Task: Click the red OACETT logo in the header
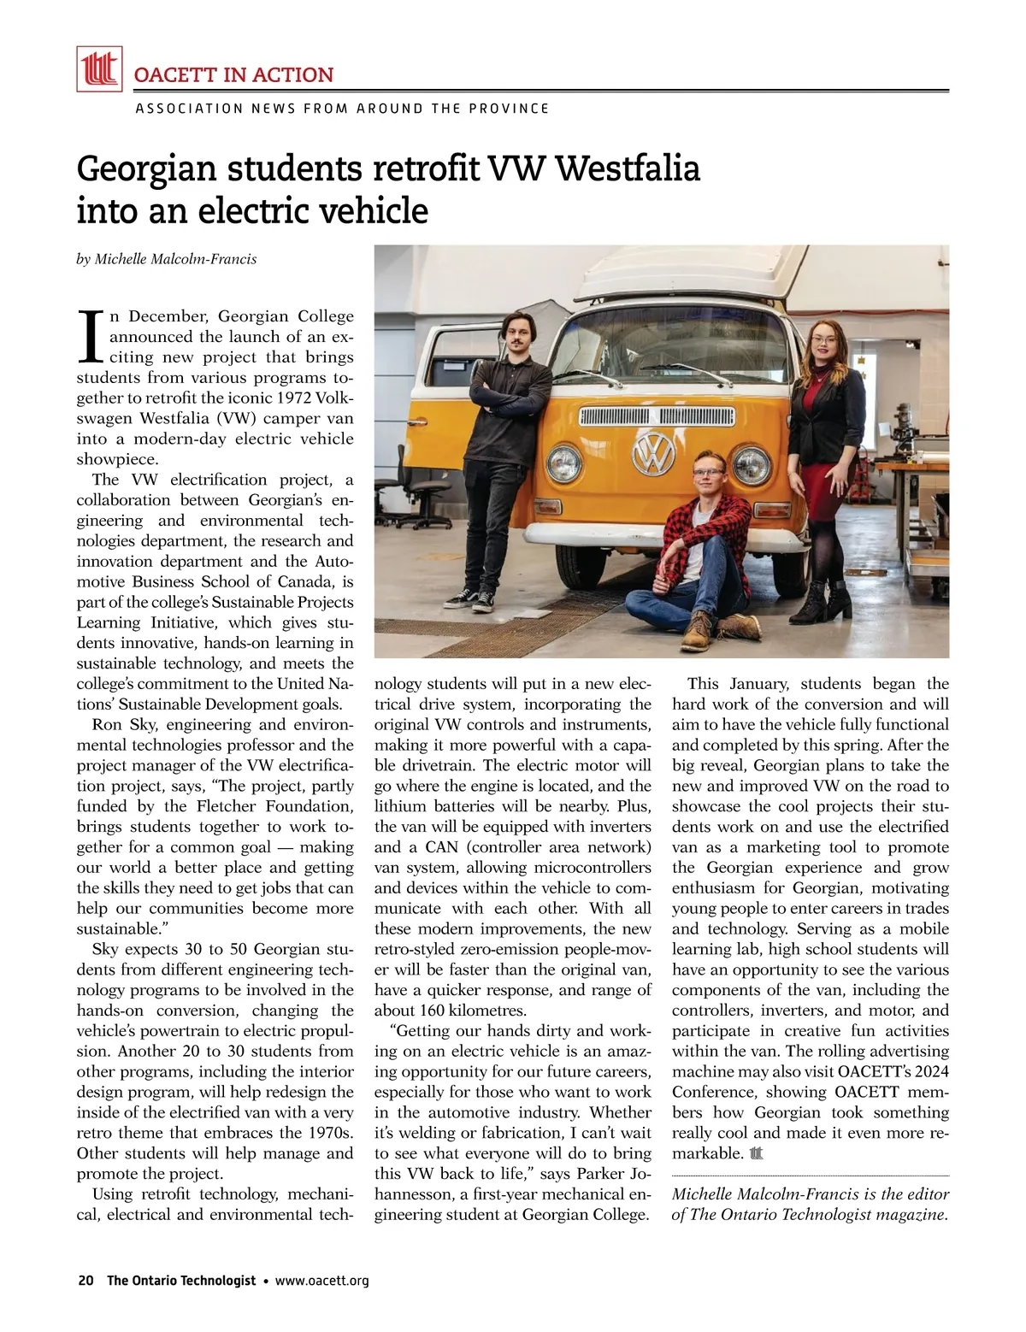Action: coord(99,68)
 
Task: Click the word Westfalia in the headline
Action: coord(627,168)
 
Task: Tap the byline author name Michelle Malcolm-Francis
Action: coord(175,259)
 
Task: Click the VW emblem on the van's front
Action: coord(653,452)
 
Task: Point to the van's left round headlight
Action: coord(564,463)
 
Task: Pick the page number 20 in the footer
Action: coord(85,1281)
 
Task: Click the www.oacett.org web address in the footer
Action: coord(322,1281)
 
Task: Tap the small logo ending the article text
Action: coord(755,1153)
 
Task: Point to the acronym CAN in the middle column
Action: coord(445,847)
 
